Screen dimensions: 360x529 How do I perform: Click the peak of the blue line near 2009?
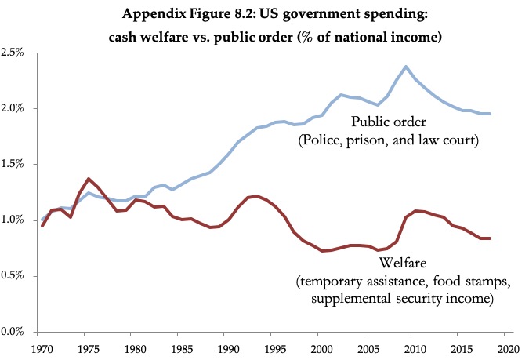point(406,67)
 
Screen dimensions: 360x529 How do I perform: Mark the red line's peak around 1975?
point(89,179)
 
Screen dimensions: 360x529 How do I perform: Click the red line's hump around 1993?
point(256,196)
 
